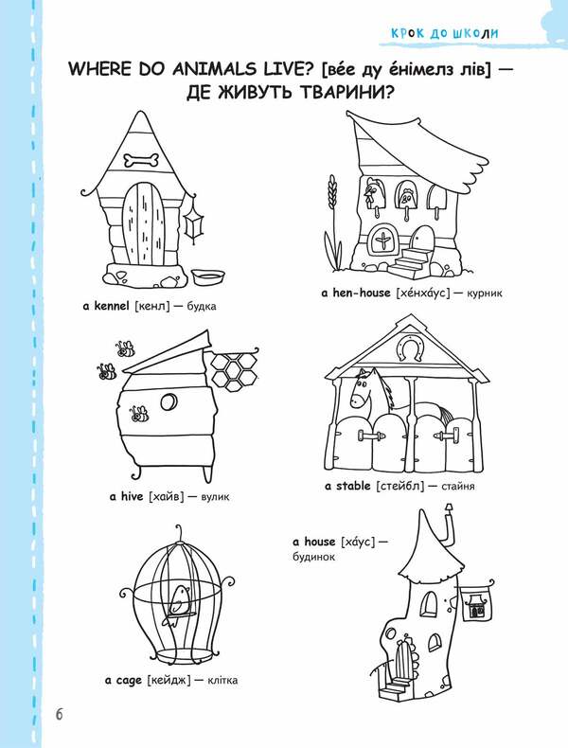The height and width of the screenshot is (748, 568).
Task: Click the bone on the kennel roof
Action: (140, 160)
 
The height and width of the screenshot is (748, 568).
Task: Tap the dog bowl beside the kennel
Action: (208, 276)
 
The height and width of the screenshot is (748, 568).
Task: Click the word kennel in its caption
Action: (112, 306)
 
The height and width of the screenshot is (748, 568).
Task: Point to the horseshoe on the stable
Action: (409, 347)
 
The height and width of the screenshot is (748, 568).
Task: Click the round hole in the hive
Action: (169, 401)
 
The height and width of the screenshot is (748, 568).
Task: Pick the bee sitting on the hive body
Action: (140, 414)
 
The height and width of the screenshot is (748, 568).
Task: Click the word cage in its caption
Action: (130, 680)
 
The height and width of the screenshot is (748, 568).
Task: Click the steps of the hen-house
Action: (411, 264)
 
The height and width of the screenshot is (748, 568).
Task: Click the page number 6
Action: (59, 715)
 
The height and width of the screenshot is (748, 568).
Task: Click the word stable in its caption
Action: (353, 486)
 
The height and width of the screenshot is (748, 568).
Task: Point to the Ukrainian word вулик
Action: (215, 496)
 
